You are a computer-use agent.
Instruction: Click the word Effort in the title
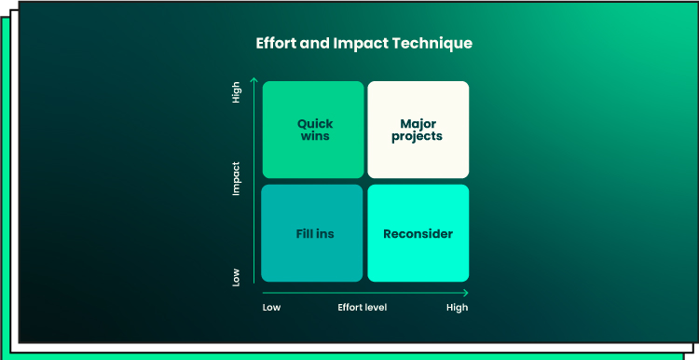[277, 43]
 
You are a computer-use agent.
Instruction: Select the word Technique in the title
[432, 44]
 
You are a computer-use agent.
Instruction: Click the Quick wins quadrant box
[313, 130]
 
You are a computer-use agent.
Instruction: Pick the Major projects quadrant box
[418, 130]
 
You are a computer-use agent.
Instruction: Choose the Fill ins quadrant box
[312, 233]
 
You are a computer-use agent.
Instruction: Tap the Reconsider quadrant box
[418, 233]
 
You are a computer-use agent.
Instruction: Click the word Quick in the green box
[315, 124]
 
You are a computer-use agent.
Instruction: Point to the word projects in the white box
[418, 137]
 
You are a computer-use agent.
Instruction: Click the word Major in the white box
[418, 123]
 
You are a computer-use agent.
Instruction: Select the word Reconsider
[418, 234]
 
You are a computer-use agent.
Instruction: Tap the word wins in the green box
[315, 136]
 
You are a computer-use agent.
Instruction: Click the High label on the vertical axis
[237, 92]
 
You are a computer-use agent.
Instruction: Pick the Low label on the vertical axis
[237, 277]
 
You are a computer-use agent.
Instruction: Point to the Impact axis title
[237, 178]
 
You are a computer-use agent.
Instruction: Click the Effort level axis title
[363, 308]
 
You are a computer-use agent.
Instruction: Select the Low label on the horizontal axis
[271, 308]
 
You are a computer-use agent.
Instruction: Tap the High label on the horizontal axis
[458, 308]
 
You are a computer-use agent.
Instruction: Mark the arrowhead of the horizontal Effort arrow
[467, 293]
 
